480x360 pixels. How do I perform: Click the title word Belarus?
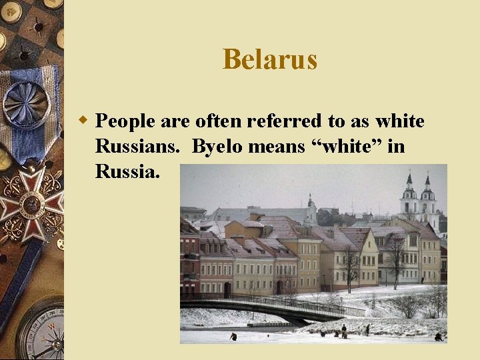pos(270,59)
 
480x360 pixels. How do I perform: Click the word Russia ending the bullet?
pos(127,172)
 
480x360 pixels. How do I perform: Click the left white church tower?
pos(409,197)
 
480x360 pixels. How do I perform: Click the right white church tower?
pos(427,198)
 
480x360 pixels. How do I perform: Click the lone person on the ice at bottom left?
pos(233,337)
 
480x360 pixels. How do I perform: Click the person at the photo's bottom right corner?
pos(438,337)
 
